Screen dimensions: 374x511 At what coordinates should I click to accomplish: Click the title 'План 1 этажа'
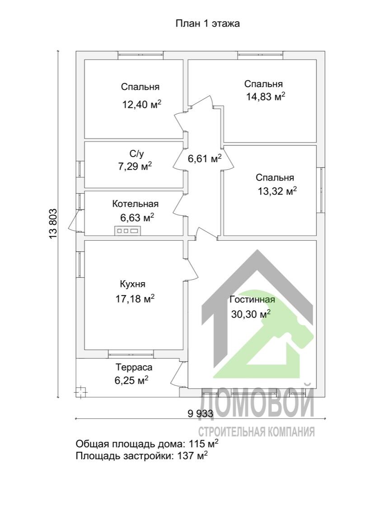tap(208, 24)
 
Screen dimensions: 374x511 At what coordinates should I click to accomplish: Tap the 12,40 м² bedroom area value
tap(142, 105)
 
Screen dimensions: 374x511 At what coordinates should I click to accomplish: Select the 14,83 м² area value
tap(266, 97)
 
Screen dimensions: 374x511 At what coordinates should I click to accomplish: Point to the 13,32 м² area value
tap(277, 191)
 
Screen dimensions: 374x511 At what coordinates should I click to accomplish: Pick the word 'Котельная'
tap(136, 204)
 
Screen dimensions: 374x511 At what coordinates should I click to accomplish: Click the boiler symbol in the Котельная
tap(127, 231)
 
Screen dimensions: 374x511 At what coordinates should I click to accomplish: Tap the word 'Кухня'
tap(133, 284)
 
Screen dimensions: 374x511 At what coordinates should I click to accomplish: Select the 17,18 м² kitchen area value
tap(135, 298)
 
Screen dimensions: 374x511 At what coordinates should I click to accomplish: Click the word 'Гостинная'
tap(252, 299)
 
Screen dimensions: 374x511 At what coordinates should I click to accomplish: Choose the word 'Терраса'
tap(134, 367)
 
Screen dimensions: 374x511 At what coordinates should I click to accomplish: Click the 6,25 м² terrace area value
tap(132, 380)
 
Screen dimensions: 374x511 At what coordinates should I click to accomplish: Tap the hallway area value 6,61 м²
tap(205, 159)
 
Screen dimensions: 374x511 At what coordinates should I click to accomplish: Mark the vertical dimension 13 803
tap(53, 223)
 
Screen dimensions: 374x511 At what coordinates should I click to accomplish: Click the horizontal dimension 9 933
tap(201, 413)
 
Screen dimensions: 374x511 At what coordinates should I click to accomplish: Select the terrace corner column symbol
tap(80, 392)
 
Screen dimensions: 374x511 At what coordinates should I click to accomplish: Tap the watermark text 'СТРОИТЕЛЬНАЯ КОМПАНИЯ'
tap(256, 432)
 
